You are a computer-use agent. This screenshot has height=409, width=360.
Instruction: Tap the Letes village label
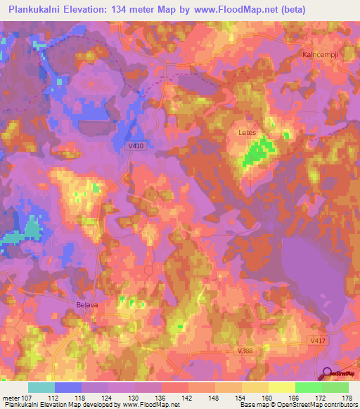[x=245, y=131]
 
